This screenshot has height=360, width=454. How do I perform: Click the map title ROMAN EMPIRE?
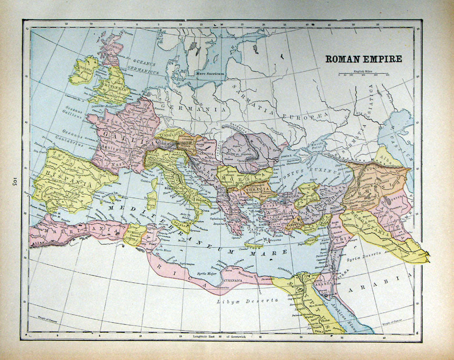point(364,59)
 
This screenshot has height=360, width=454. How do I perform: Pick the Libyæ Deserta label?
point(247,300)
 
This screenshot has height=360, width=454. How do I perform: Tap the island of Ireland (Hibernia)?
point(84,70)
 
